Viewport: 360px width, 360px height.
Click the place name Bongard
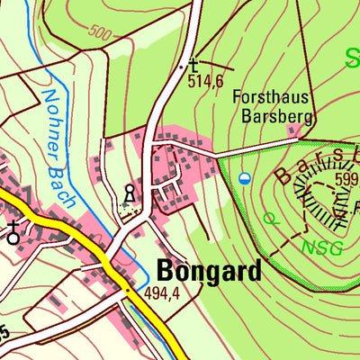[209, 270]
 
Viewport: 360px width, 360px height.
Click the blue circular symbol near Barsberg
[245, 179]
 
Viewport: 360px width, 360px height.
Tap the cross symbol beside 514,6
[193, 64]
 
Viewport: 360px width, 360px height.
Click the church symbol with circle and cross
[13, 233]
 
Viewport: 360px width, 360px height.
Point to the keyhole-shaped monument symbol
[130, 193]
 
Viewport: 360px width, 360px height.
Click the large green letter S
[350, 61]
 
